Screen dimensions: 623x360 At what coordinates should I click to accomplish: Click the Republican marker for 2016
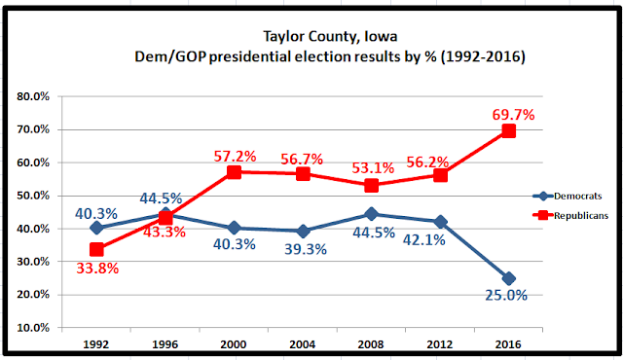coord(508,130)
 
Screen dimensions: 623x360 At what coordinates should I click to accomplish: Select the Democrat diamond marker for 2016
coord(508,278)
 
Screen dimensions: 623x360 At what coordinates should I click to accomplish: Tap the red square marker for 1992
coord(96,250)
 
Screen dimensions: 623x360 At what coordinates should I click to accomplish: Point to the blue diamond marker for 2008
coord(372,214)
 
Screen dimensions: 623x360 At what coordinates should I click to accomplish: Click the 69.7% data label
coord(513,115)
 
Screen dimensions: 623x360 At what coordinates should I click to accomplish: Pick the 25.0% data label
coord(506,296)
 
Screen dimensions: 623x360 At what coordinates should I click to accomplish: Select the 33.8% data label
coord(97,269)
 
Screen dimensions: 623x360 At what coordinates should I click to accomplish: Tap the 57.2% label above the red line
coord(235,157)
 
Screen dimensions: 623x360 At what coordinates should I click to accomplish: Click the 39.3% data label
coord(306,249)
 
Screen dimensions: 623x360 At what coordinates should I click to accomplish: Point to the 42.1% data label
coord(424,240)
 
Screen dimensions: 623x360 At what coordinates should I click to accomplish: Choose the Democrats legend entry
coord(568,197)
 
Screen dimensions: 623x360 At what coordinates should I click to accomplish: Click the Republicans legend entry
coord(570,216)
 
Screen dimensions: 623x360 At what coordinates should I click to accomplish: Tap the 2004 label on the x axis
coord(303,344)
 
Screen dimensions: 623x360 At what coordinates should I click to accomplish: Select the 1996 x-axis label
coord(165,344)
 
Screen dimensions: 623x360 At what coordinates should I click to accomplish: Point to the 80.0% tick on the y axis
coord(33,96)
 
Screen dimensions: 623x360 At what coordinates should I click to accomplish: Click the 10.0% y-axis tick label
coord(33,328)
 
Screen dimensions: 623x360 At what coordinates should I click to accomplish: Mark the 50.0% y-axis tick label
coord(33,196)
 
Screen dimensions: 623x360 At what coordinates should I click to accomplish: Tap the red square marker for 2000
coord(234,172)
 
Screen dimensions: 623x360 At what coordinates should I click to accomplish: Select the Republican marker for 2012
coord(440,175)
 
